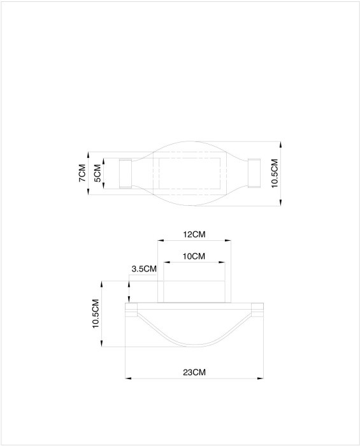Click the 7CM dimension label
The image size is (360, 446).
coord(82,173)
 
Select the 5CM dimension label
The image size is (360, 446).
coord(97,173)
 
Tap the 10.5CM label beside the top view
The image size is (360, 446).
coord(275,173)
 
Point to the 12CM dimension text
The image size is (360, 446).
coord(194,234)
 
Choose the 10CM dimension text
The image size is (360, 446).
coord(194,256)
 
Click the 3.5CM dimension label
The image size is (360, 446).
coord(143,269)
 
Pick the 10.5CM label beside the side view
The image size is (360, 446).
coord(96,313)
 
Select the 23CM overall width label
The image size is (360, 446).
coord(194,371)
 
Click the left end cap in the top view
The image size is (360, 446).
coord(125,173)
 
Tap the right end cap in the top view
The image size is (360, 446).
coord(254,173)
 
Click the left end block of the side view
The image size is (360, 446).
coord(131,310)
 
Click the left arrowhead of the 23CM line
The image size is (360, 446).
coord(127,378)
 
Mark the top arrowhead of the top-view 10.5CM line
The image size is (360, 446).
coord(281,145)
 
